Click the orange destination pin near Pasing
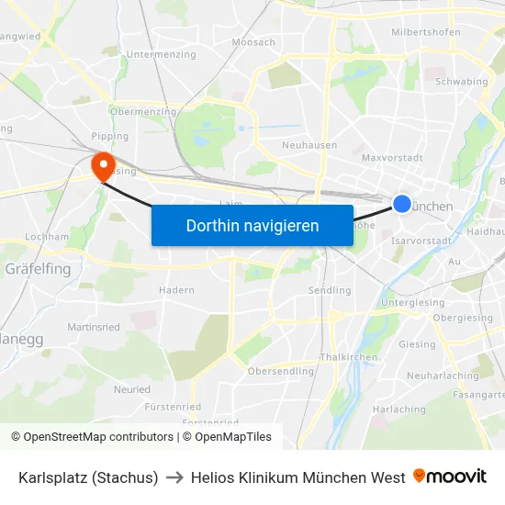point(103,164)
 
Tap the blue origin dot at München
point(402,204)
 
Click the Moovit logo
point(450,477)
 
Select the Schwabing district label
point(461,82)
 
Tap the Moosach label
point(254,42)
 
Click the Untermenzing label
point(161,55)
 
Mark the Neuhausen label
point(309,145)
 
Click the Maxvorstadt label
point(391,158)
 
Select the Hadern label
point(176,290)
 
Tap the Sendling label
point(329,290)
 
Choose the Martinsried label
point(94,327)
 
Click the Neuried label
point(131,389)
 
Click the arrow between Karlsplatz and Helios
point(174,477)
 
